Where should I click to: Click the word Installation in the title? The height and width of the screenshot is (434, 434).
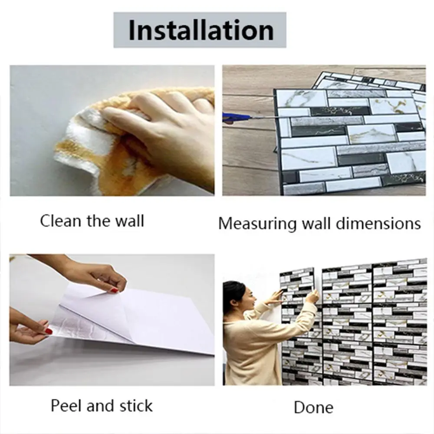pos(201,30)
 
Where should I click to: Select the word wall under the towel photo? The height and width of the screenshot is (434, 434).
pos(129,221)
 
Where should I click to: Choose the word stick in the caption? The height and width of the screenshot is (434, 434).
pos(136,406)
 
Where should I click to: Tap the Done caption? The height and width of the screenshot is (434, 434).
pos(314,408)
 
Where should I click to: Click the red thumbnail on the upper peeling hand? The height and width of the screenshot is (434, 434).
pos(114,290)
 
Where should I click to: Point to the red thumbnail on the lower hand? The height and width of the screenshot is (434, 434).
pos(49,331)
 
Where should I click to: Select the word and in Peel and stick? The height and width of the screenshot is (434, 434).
pos(101,406)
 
